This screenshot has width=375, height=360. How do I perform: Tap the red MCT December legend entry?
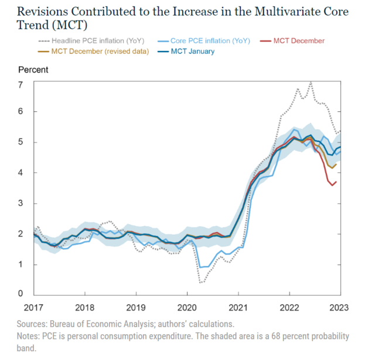point(299,40)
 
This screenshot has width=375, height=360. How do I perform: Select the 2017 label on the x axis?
point(34,308)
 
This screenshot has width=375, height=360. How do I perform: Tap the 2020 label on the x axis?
point(187,308)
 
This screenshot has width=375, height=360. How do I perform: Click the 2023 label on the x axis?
point(341,308)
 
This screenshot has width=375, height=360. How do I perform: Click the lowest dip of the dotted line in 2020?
point(200,283)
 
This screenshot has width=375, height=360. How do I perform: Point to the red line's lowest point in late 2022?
point(332,185)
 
